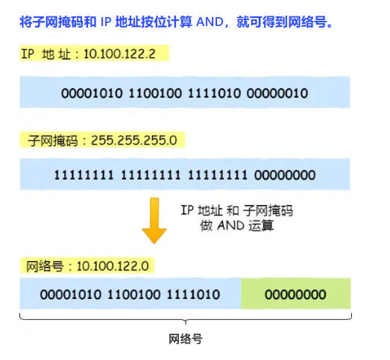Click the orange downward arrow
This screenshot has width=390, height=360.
(154, 221)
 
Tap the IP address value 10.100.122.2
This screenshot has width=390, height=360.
(119, 54)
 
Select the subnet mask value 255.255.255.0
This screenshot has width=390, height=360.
(134, 140)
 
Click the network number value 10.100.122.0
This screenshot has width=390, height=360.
(113, 266)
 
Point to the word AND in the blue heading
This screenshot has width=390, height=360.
(210, 22)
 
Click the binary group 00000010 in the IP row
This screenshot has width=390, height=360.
(277, 93)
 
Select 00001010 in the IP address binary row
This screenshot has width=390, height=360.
(92, 93)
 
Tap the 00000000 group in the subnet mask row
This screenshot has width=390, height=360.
(285, 175)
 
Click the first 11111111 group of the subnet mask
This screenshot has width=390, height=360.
(84, 175)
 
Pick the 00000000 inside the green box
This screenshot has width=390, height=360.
(295, 294)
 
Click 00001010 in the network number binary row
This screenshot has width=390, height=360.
(71, 294)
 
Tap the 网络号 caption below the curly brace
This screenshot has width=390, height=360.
(186, 339)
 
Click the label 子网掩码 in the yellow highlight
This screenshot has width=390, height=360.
(53, 141)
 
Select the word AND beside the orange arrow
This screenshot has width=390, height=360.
(231, 226)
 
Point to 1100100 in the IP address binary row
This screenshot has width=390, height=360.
(155, 93)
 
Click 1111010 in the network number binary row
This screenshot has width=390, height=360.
(193, 294)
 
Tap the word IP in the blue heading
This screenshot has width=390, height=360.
(106, 22)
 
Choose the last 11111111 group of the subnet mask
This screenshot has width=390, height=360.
(218, 175)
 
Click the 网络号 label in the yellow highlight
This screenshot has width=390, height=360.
(45, 266)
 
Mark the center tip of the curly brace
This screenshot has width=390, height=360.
(186, 324)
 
